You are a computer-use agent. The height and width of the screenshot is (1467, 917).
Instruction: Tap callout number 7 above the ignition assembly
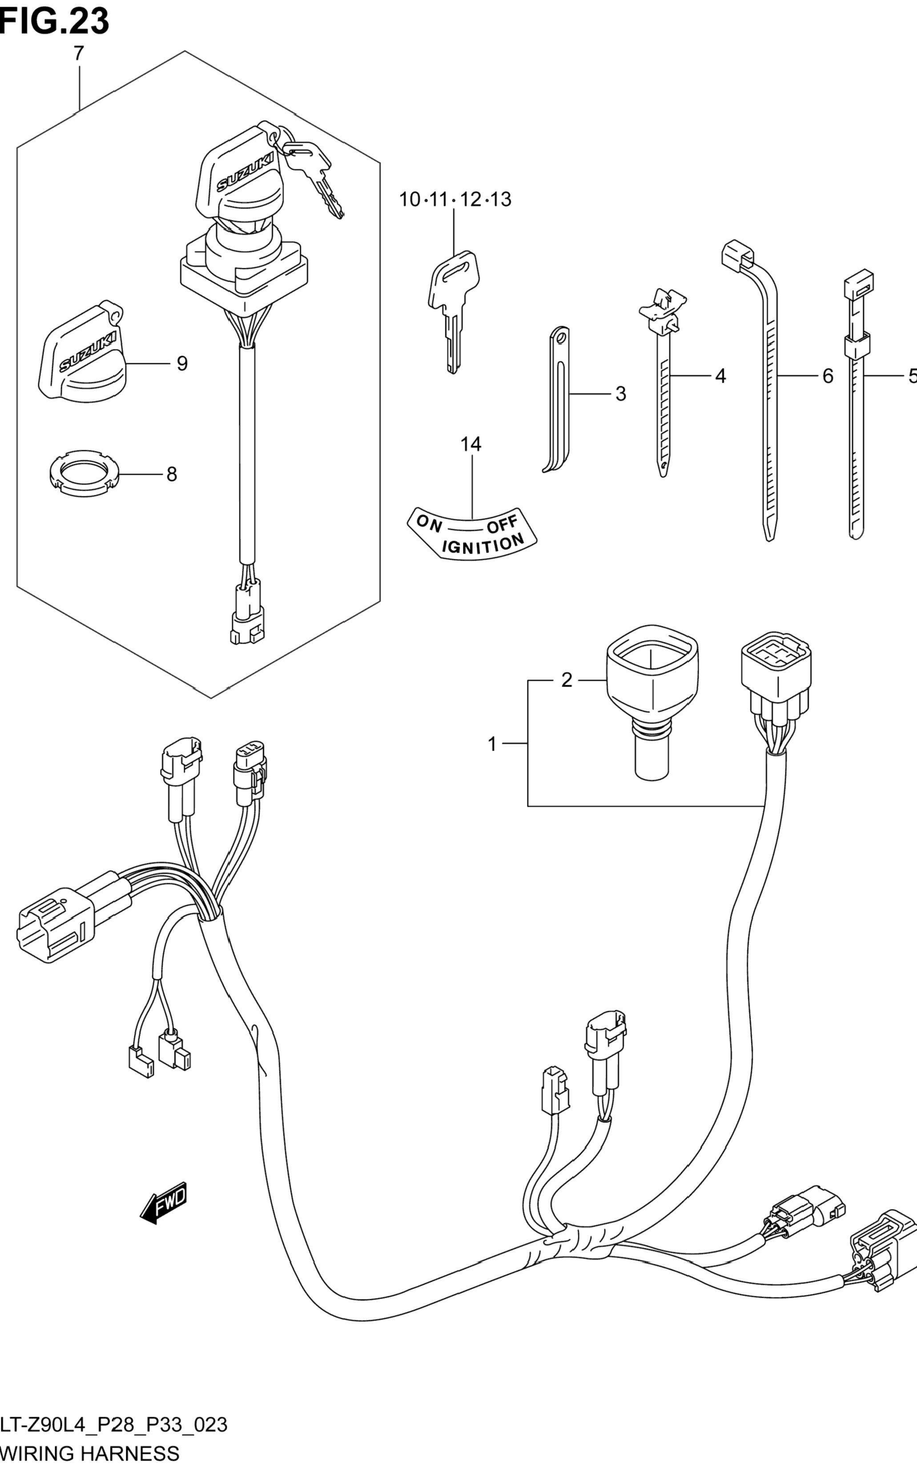tap(78, 54)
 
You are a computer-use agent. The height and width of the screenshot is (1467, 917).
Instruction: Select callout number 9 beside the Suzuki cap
tap(182, 364)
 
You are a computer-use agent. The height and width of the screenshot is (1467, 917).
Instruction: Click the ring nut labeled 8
tap(84, 471)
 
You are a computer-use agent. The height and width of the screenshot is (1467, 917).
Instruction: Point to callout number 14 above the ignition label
tap(471, 445)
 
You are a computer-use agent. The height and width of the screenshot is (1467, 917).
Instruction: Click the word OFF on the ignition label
tap(502, 524)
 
